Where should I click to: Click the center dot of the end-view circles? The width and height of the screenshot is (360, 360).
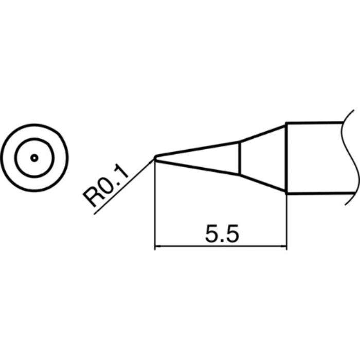tap(34, 158)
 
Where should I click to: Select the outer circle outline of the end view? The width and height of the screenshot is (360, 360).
tap(34, 124)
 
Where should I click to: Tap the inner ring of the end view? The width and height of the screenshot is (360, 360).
tap(34, 141)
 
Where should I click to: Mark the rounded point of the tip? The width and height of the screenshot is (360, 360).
tap(155, 158)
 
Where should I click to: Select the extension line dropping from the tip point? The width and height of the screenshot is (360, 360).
tap(155, 206)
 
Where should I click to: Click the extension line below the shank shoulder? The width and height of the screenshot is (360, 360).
tap(286, 221)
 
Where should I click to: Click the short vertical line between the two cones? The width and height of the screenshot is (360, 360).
tap(240, 158)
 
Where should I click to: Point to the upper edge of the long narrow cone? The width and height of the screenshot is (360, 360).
tap(198, 149)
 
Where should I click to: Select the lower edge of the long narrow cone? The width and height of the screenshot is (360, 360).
tap(198, 167)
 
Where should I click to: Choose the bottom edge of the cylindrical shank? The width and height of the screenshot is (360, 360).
tap(319, 193)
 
